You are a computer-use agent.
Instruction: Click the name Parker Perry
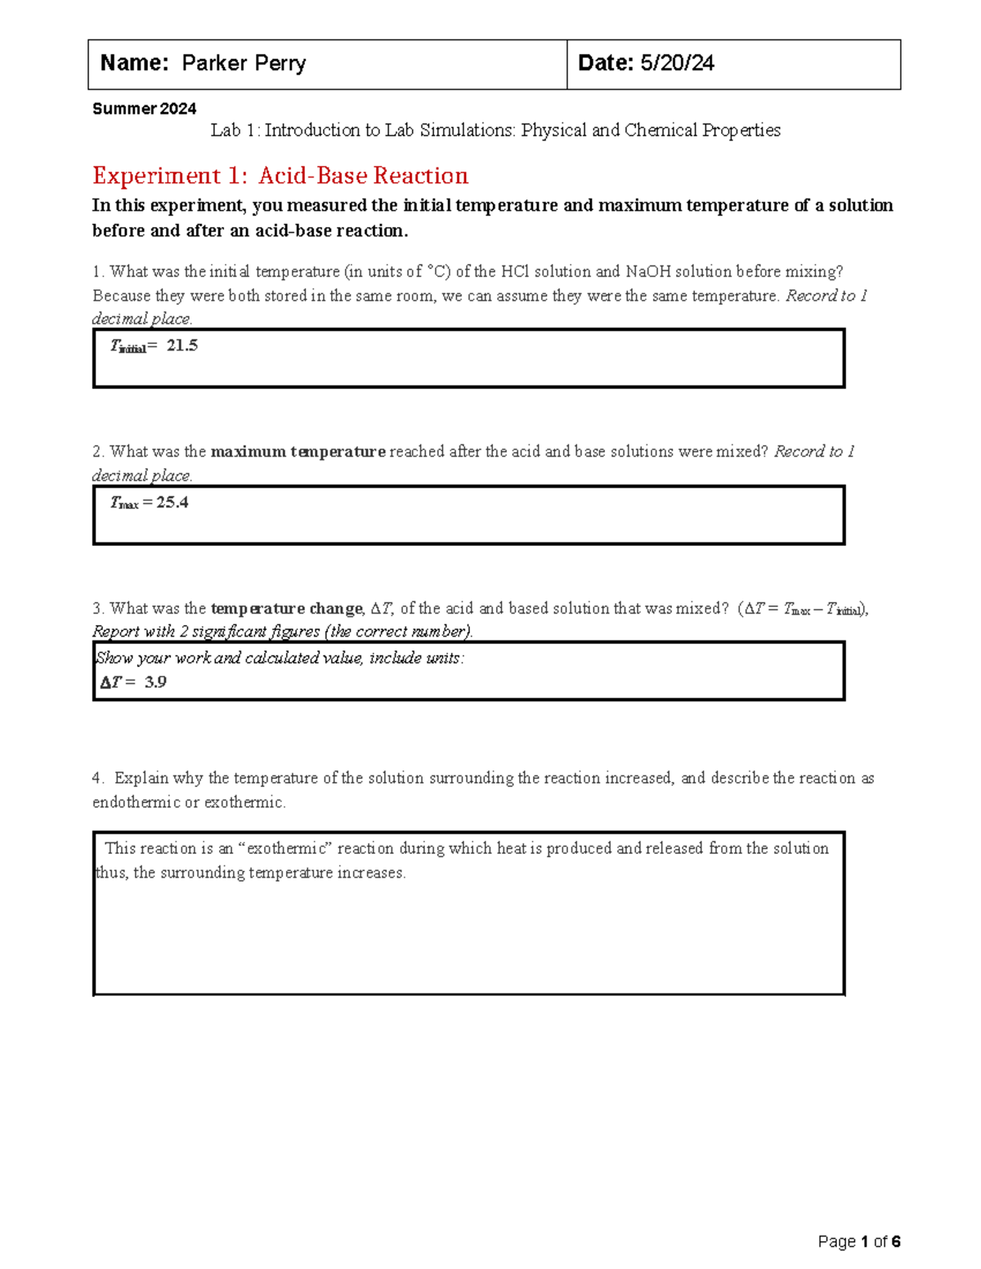244,64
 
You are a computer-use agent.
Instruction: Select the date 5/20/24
677,64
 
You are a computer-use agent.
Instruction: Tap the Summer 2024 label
144,109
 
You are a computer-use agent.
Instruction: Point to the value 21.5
181,346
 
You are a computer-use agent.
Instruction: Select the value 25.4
172,503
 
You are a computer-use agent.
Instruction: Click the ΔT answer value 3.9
155,682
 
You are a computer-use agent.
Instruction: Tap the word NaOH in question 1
647,271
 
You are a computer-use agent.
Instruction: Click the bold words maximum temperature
298,451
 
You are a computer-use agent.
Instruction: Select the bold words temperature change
286,608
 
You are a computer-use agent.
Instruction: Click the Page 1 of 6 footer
858,1242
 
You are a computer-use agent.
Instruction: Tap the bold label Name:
134,64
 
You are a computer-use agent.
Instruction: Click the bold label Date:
606,64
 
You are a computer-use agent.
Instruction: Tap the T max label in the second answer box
124,503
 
